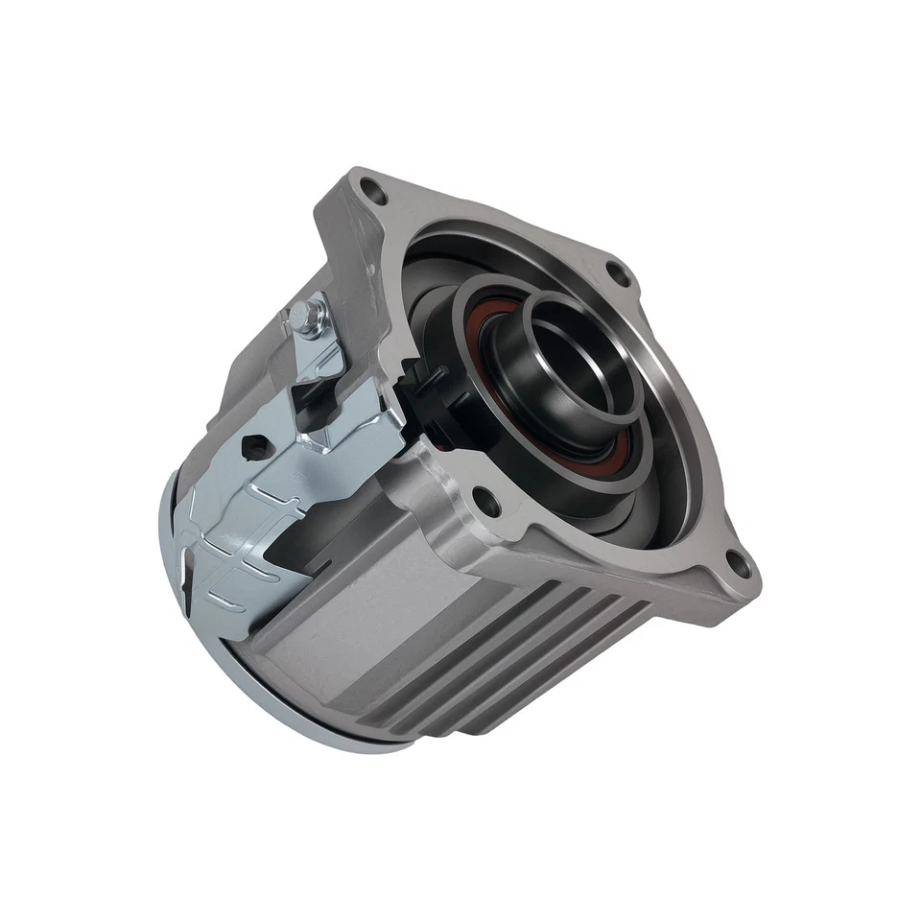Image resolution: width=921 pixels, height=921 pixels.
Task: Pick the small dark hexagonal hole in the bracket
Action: coord(255,445)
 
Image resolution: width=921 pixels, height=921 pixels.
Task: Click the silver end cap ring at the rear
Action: coord(182,576)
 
